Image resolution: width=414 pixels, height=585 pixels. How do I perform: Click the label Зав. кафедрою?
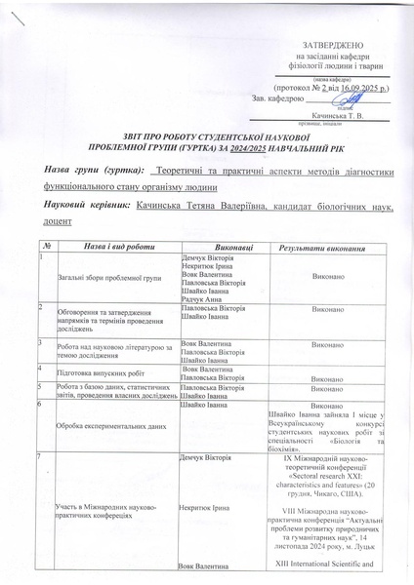tap(279, 97)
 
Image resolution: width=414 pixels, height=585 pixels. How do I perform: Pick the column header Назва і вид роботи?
tap(112, 249)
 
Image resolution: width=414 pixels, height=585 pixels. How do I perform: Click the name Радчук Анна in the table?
tap(203, 300)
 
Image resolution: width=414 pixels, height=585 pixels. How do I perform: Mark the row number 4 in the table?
tap(41, 368)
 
